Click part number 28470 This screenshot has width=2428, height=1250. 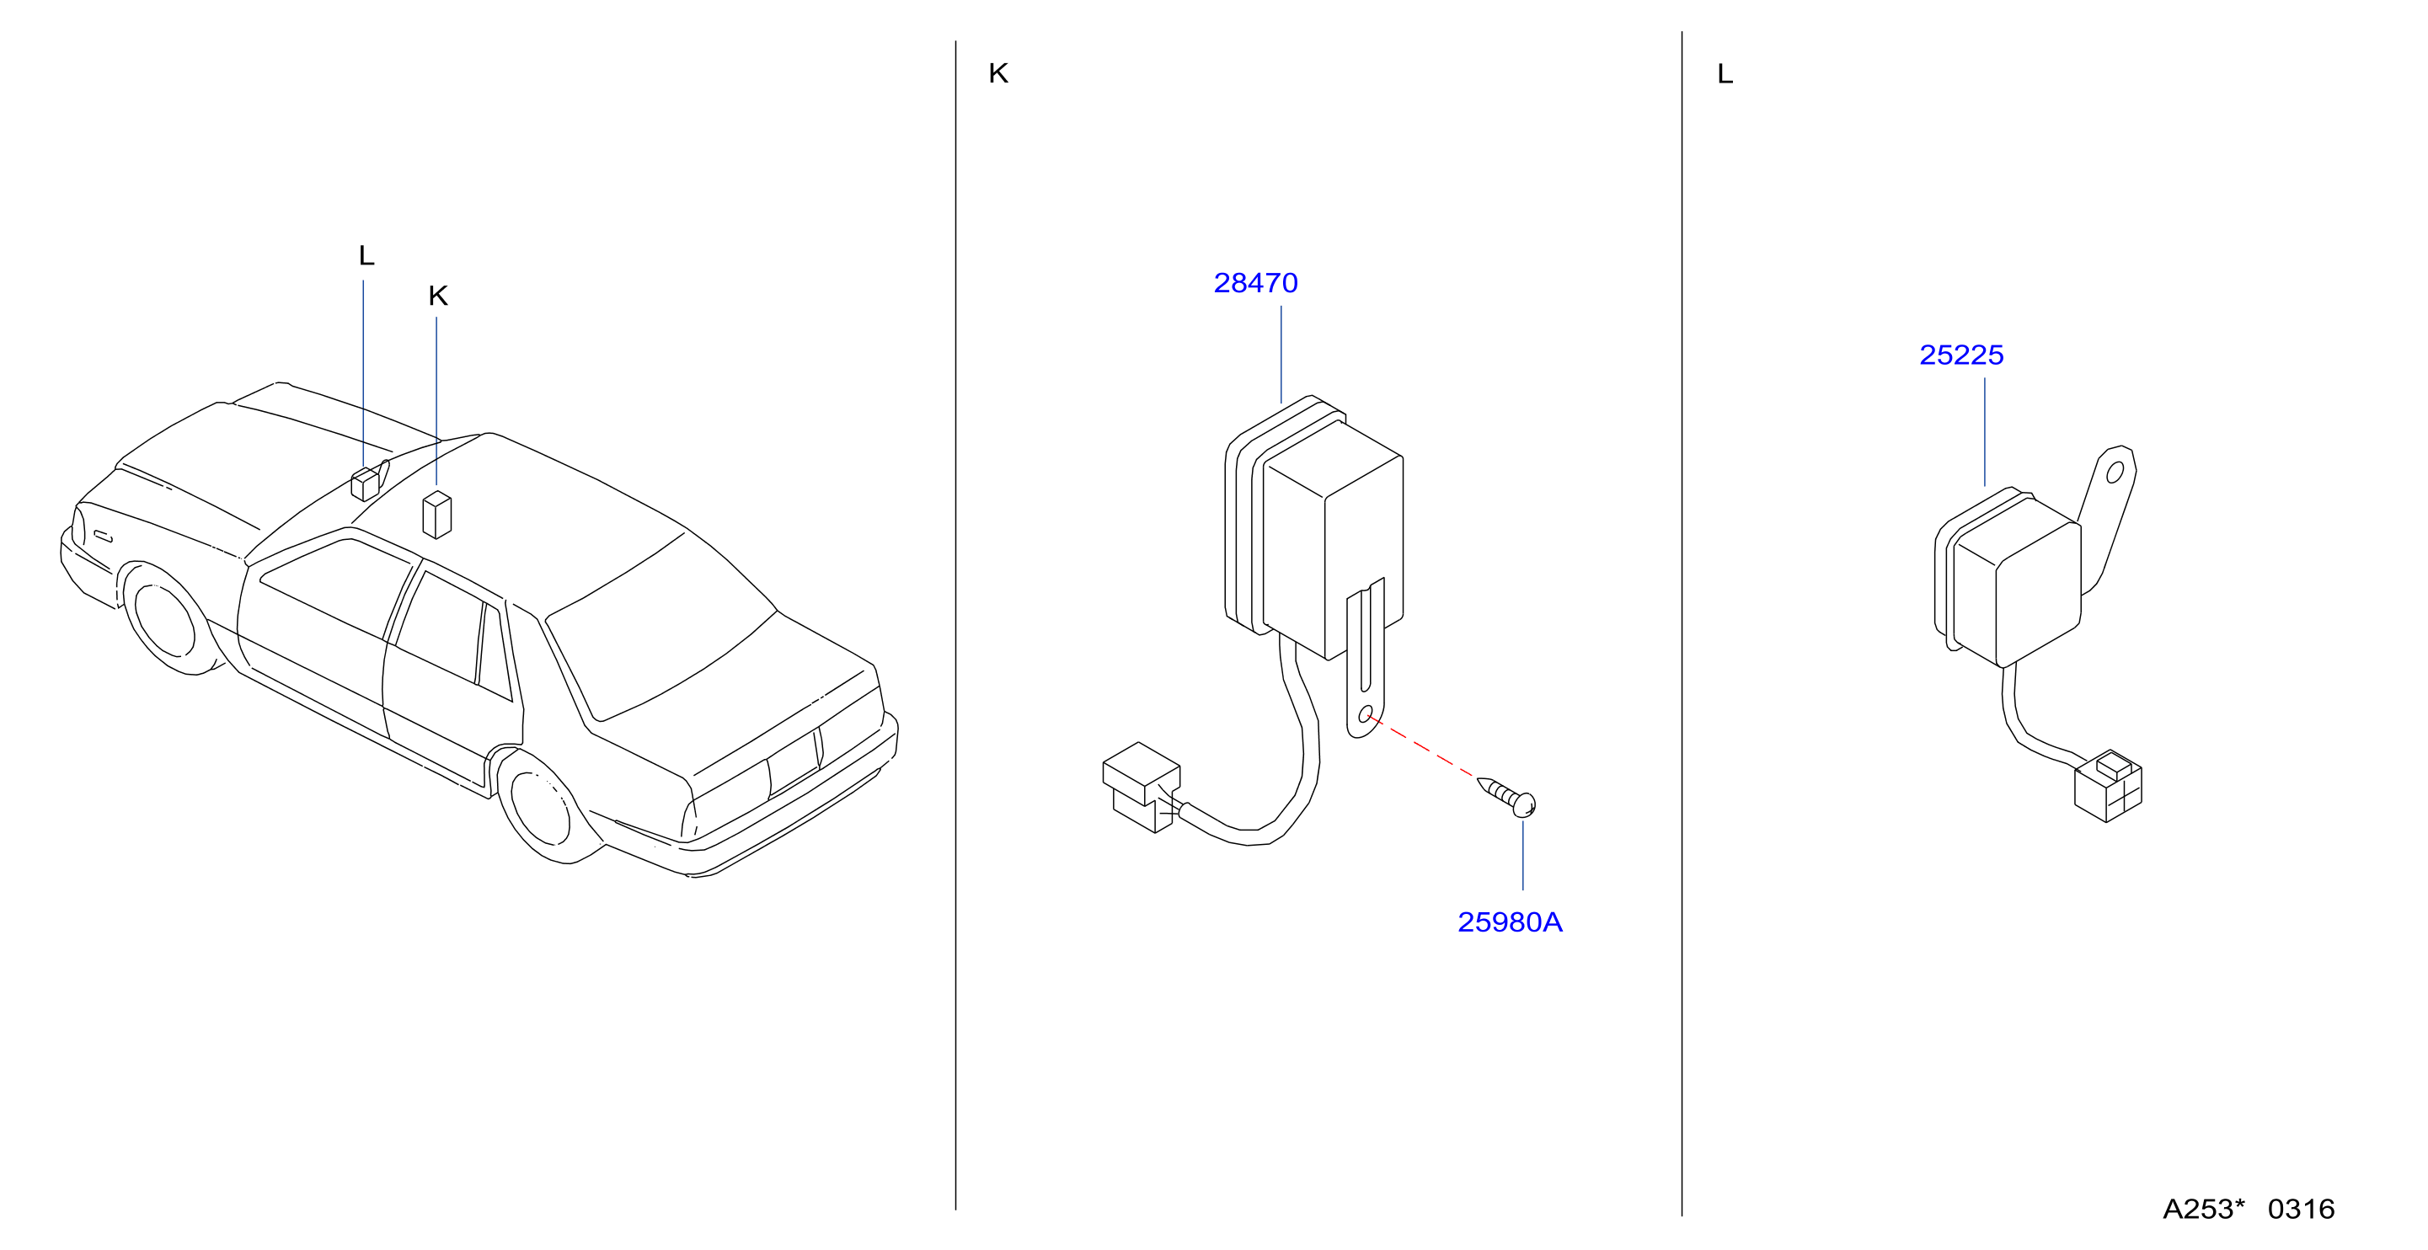1254,283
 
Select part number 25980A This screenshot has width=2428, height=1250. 1509,922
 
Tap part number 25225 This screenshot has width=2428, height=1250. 1960,355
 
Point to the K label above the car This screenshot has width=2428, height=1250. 437,296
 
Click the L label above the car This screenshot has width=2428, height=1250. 366,255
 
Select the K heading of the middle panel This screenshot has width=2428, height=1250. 998,73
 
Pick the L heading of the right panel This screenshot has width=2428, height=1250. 1725,73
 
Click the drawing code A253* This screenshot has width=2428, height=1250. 2204,1209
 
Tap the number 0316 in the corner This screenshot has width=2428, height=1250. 2301,1209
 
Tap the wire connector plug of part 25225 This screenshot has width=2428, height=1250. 2109,786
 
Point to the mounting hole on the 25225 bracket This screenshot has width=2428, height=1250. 2115,473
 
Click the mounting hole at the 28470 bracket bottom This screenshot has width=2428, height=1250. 1365,715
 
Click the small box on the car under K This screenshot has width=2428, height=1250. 436,514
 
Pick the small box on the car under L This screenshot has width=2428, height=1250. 365,483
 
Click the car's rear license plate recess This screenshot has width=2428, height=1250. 794,761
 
